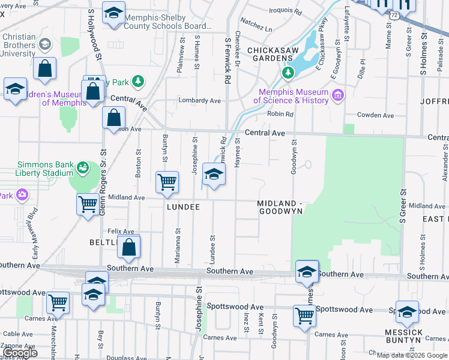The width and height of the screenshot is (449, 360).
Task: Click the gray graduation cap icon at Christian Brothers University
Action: click(44, 45)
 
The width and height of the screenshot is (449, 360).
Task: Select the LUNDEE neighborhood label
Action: click(183, 206)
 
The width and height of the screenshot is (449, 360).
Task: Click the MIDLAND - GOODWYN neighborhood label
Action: click(279, 208)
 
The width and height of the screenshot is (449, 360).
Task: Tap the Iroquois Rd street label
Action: click(285, 11)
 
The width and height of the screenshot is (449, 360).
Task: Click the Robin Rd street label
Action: click(280, 114)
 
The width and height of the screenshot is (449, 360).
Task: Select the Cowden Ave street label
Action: click(375, 115)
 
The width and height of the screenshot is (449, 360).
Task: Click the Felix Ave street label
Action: click(121, 231)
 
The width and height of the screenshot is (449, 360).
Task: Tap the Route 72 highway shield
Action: click(393, 13)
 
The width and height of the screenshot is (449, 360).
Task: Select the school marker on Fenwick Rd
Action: click(214, 175)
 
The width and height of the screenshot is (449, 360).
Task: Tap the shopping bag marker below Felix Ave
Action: click(128, 246)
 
